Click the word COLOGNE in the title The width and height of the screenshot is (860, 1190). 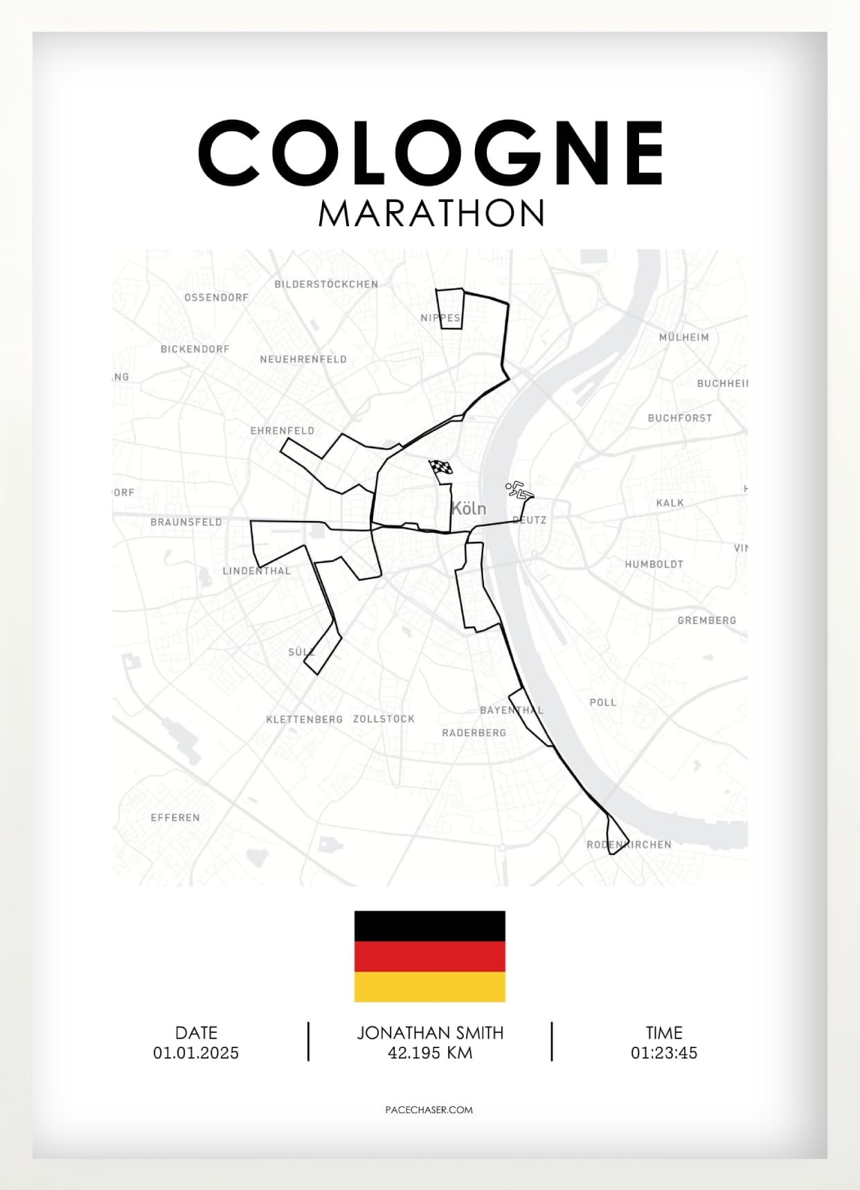click(430, 153)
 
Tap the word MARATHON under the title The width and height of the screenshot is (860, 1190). click(431, 213)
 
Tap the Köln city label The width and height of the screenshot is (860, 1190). click(469, 509)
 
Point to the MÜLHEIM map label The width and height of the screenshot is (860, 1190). click(683, 338)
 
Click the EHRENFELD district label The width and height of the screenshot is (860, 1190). click(282, 430)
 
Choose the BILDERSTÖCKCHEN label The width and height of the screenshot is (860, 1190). click(326, 284)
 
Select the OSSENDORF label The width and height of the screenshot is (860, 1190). click(216, 297)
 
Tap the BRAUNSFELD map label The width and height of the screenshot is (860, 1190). click(186, 522)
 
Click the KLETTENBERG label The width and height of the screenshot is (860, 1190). click(304, 720)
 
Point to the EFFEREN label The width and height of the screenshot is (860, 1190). click(175, 818)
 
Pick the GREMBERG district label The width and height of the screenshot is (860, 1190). click(706, 621)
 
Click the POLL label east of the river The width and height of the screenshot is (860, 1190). click(602, 702)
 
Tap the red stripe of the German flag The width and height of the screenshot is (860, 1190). click(429, 957)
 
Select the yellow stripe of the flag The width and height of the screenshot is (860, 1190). click(429, 987)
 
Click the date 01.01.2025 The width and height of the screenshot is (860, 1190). click(196, 1053)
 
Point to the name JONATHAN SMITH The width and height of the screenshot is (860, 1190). click(430, 1033)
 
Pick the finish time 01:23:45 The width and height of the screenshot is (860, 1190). click(663, 1053)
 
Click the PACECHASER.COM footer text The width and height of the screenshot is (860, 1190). click(429, 1110)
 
